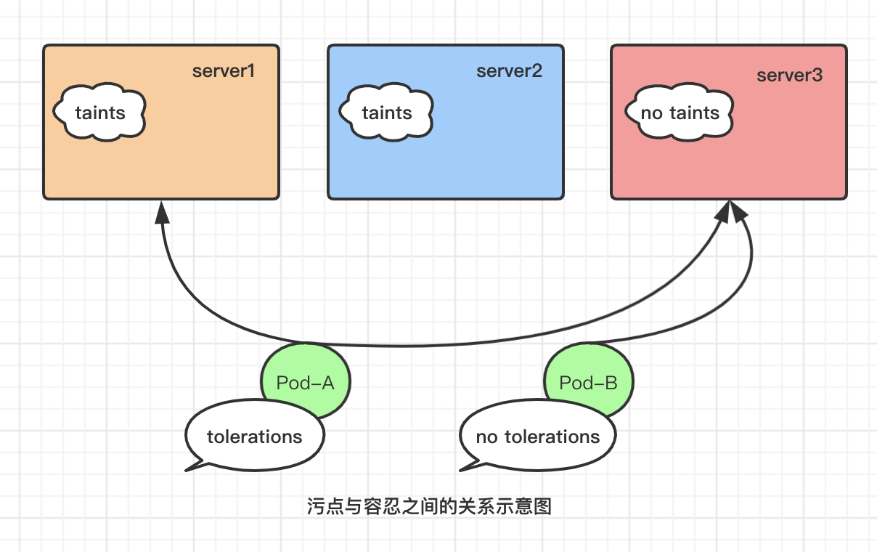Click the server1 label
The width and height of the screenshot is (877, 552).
224,71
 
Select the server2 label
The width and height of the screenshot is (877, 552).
510,71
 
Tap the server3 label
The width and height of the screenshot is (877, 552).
790,76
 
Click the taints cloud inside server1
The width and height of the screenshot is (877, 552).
99,112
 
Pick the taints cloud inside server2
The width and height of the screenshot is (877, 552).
386,112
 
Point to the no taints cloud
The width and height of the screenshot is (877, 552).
680,112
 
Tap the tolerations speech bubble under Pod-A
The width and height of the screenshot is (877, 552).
255,436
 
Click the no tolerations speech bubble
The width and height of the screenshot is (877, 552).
537,436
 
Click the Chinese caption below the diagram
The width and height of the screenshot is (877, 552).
429,506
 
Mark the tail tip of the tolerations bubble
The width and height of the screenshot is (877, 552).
186,471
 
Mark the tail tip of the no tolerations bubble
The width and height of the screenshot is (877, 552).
460,471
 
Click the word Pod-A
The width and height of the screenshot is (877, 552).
305,383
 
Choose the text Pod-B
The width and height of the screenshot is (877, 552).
588,383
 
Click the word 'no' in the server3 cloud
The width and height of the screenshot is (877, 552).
651,113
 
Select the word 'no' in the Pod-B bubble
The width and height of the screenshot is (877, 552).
486,437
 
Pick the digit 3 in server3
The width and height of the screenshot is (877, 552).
817,76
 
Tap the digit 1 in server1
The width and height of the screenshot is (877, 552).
251,71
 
